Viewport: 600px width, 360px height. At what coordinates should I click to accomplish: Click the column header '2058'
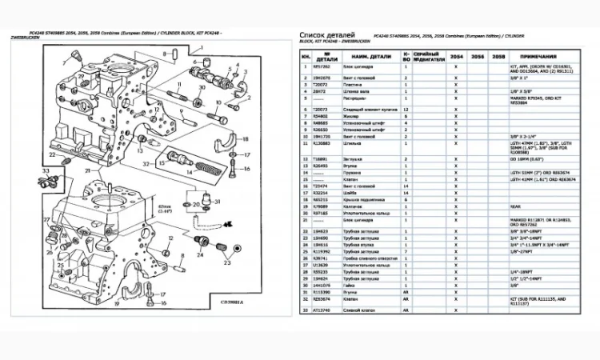tap(498, 58)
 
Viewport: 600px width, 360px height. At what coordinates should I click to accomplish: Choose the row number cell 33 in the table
tap(305, 309)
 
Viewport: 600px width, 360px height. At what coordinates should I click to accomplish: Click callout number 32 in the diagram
tap(146, 163)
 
